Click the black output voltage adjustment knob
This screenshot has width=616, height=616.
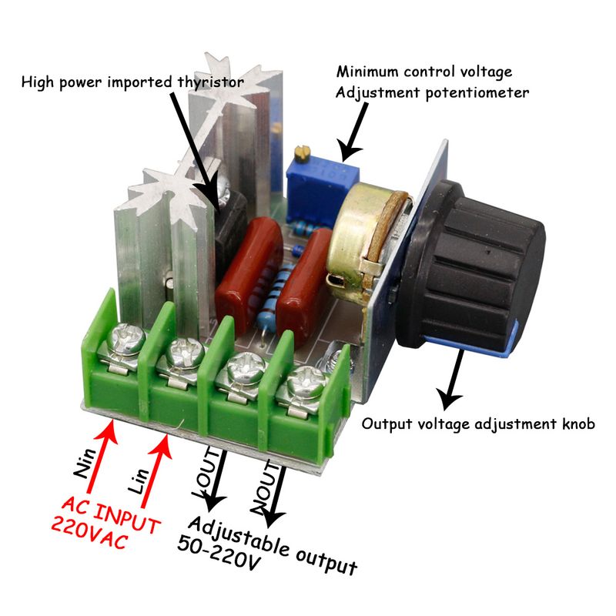click(471, 267)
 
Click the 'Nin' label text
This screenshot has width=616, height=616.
click(84, 463)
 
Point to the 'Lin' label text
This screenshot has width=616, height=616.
click(139, 480)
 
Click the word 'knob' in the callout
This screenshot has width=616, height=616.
click(579, 424)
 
